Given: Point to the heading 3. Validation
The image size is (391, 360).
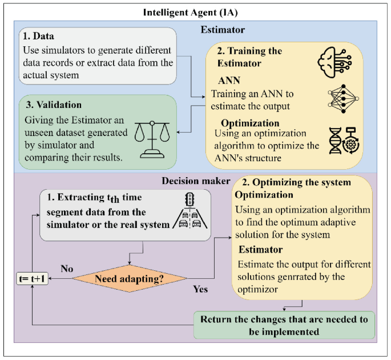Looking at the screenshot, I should [51, 105].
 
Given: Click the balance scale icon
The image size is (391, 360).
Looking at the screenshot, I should [152, 140].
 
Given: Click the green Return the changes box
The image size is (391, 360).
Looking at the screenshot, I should [284, 324].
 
